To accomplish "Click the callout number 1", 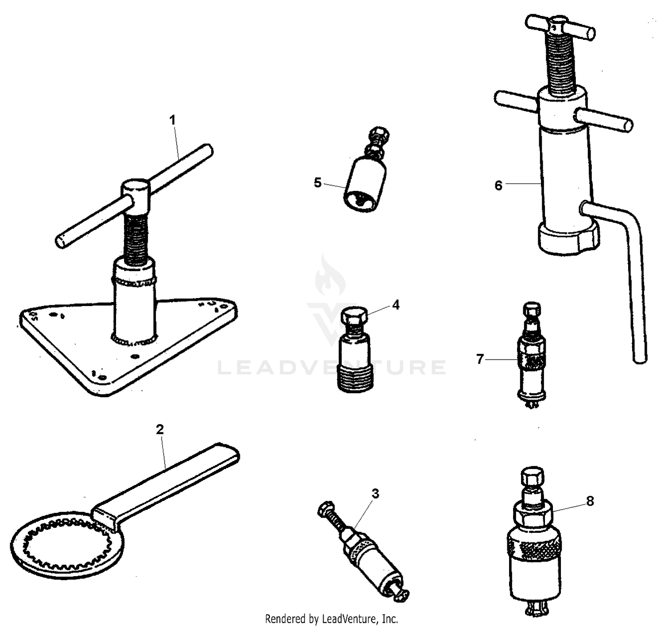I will coord(173,120).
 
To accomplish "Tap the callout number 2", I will coord(160,429).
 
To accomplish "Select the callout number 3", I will coord(375,493).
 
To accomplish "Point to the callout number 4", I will coord(395,305).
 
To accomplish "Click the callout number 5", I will coord(317,182).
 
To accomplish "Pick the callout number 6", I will coord(498,186).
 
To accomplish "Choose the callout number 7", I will coord(480,359).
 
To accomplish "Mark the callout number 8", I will coord(590,501).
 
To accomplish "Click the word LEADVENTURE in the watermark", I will coord(332,368).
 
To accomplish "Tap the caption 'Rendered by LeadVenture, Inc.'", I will coord(332,618).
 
